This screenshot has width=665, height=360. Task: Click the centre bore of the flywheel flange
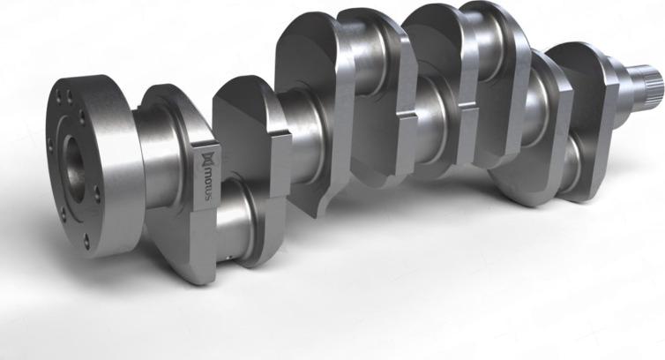71,164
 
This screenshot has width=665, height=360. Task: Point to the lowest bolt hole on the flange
86,237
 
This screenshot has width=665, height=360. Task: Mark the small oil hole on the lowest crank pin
232,257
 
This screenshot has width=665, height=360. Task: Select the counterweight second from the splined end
529,132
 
